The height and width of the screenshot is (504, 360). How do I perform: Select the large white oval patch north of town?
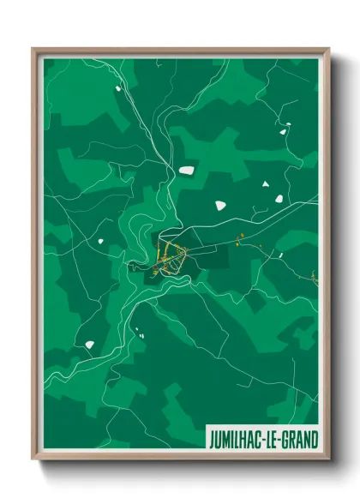(186, 170)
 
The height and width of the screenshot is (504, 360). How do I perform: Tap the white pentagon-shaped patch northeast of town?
(220, 205)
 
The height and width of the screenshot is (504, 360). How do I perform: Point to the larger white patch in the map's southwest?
(89, 345)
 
